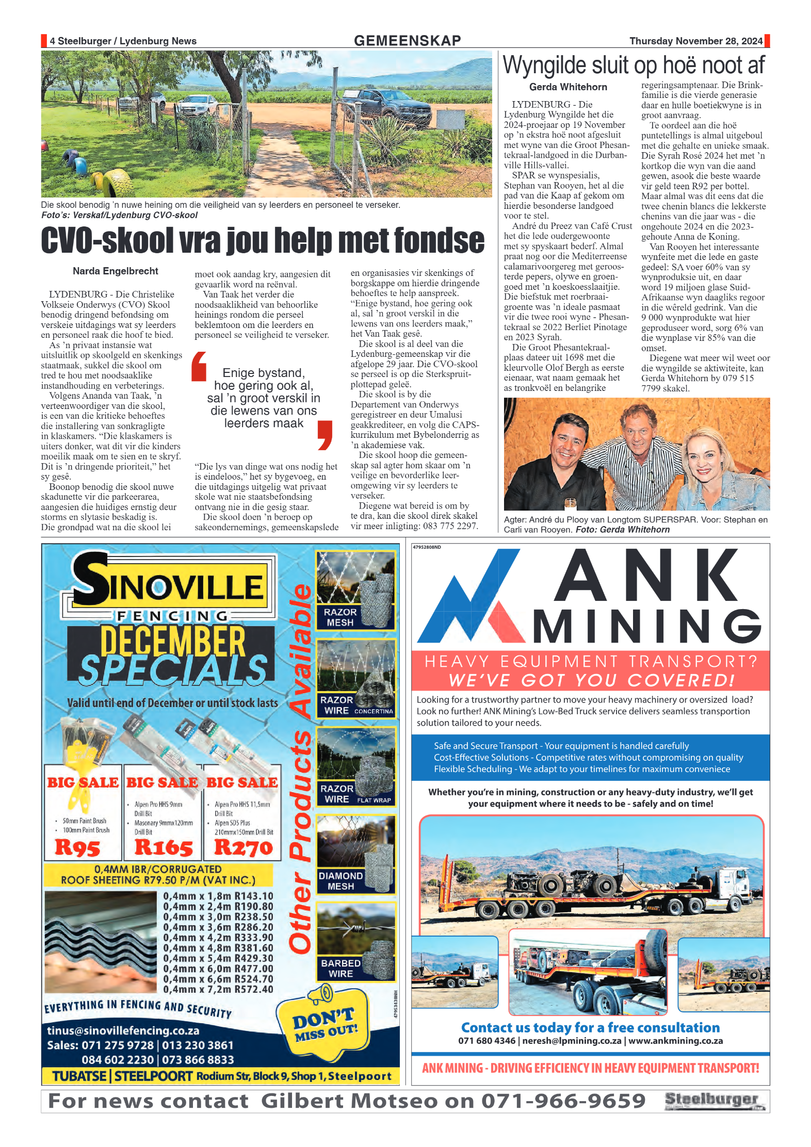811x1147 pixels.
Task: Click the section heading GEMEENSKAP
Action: coord(407,41)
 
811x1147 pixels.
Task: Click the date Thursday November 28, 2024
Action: coord(695,41)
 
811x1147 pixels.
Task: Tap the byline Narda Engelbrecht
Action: coord(115,271)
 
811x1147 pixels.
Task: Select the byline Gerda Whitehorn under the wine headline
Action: coord(567,87)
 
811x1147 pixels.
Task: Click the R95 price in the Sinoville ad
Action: coord(77,847)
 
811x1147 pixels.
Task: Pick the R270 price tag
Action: coord(243,847)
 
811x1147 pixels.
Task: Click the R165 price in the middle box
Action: coord(163,847)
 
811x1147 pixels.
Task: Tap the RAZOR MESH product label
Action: coord(340,617)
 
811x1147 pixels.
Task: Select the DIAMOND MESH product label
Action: coord(340,881)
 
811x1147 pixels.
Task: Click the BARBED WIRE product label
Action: coord(340,969)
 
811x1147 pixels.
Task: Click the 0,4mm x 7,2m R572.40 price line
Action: coord(218,989)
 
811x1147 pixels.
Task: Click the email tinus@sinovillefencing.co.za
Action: coord(123,1030)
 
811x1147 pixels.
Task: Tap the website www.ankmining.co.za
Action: coord(675,1041)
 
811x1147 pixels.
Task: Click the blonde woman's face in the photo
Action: coord(703,454)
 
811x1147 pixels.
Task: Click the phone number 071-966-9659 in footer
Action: coord(563,1101)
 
